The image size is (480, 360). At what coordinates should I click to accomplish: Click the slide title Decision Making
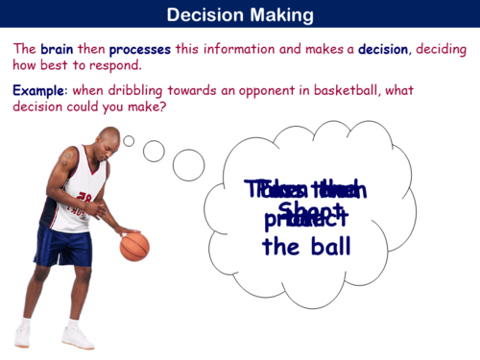click(x=239, y=15)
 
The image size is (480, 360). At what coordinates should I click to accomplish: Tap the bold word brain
click(x=56, y=49)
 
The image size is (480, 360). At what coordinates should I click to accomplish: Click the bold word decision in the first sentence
click(x=384, y=49)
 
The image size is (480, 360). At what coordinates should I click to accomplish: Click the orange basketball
click(x=134, y=246)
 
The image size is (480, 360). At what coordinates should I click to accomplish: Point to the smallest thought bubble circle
click(x=129, y=141)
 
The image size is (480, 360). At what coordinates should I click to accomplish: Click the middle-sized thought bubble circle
click(x=154, y=150)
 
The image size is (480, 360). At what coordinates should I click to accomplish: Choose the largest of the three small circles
click(x=188, y=164)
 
